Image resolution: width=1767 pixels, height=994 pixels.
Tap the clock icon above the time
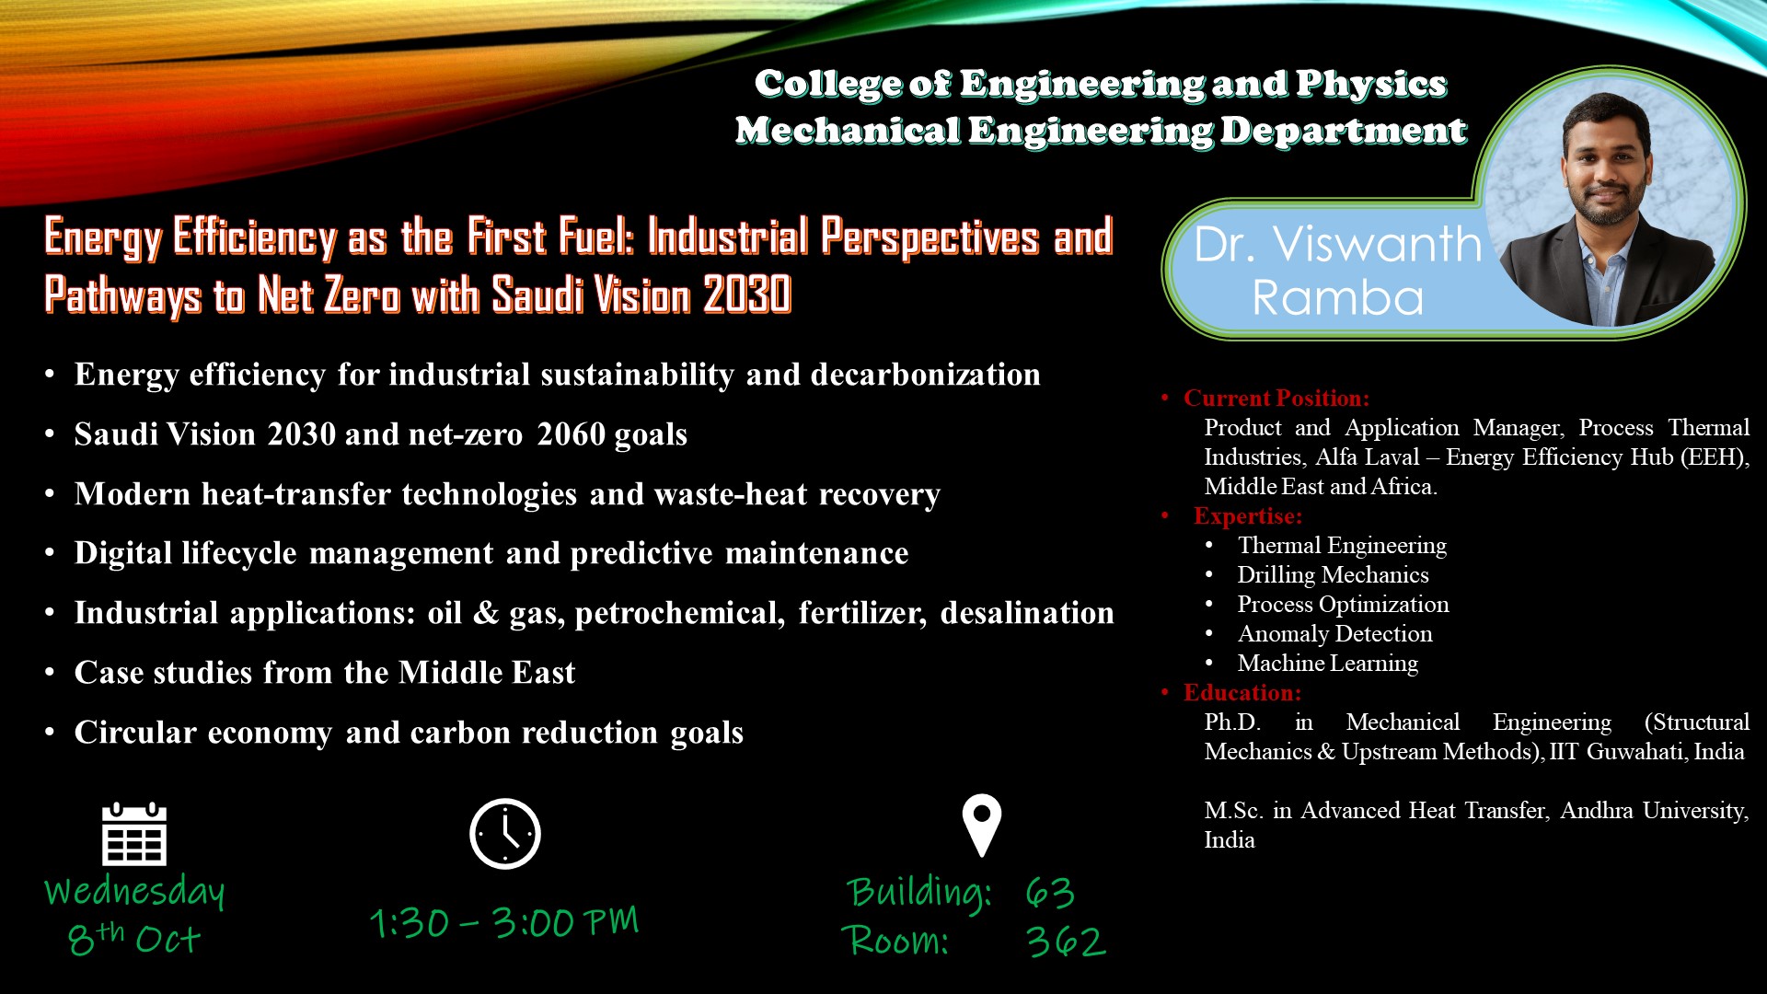click(x=505, y=834)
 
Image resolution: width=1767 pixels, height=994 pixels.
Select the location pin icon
click(x=982, y=826)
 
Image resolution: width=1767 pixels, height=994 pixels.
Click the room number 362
click(x=1066, y=941)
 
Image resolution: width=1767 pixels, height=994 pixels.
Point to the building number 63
click(x=1050, y=892)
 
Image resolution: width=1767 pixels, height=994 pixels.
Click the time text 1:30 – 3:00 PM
click(x=504, y=922)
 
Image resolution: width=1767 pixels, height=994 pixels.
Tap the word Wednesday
click(x=134, y=891)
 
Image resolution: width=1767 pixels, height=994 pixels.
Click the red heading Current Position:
click(x=1276, y=398)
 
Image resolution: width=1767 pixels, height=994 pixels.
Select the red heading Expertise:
click(x=1248, y=515)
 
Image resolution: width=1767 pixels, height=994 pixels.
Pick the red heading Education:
click(x=1242, y=692)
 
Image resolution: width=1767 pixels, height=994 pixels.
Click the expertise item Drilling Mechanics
click(x=1333, y=574)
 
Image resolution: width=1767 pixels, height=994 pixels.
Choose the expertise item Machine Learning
click(x=1327, y=663)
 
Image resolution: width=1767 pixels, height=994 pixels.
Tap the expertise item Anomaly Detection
click(x=1334, y=633)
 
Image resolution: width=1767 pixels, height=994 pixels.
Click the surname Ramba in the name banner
click(x=1338, y=297)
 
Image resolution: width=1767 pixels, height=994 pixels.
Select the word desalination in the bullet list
click(x=1027, y=613)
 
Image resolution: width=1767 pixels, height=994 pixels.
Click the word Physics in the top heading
click(x=1371, y=84)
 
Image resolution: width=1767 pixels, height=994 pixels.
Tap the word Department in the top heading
click(x=1344, y=131)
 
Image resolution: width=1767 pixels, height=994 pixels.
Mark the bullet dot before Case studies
click(x=50, y=673)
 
